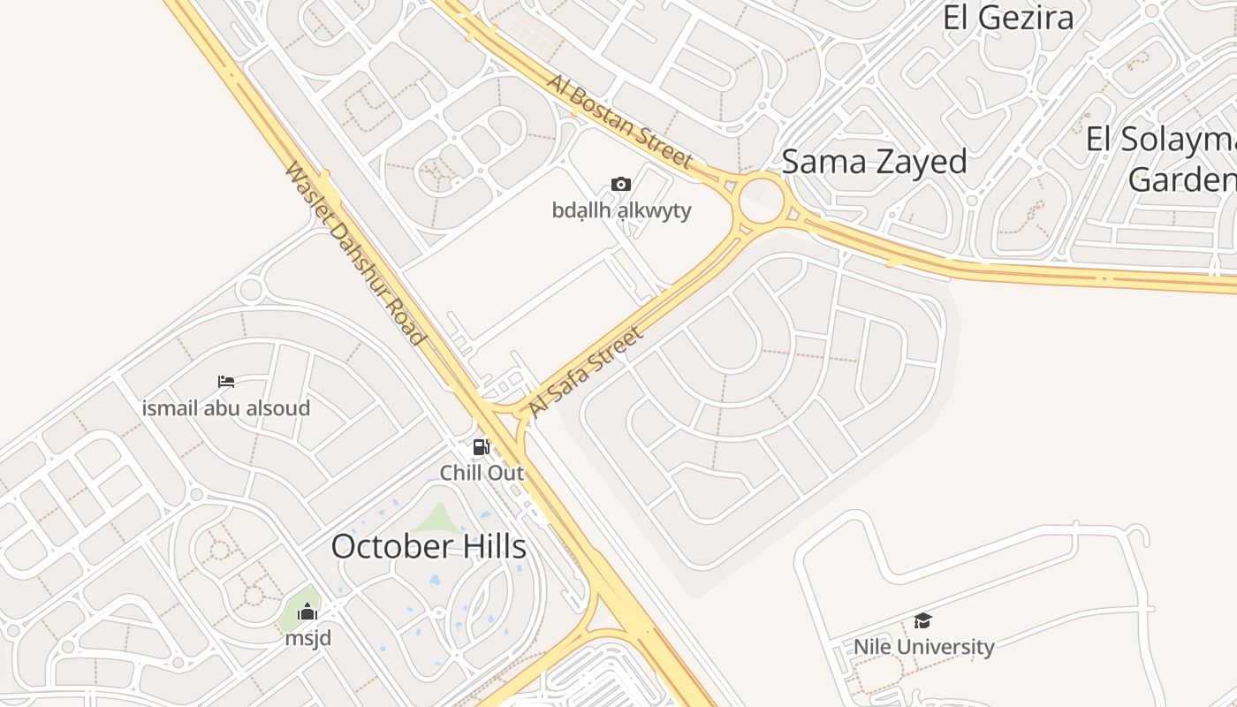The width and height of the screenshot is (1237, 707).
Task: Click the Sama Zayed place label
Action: pos(874,162)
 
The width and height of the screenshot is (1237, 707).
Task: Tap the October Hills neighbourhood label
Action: pos(429,546)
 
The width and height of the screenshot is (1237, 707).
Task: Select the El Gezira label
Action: pos(1008,18)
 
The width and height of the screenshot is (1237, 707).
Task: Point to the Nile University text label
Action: pos(923,647)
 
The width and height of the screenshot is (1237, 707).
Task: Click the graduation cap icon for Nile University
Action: pos(923,620)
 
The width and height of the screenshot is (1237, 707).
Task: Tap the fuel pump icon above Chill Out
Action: pos(481,447)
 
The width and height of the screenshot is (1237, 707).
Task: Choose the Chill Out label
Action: pos(482,473)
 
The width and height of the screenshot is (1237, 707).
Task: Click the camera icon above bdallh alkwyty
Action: pos(621,184)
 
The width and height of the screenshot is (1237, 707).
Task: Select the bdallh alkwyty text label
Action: pos(621,210)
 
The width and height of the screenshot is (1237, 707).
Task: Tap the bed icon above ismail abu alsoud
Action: pos(226,382)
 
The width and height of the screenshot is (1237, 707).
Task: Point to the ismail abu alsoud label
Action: pos(226,408)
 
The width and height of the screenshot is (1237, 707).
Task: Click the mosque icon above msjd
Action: pos(307,612)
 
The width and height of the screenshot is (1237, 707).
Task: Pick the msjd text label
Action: pos(307,637)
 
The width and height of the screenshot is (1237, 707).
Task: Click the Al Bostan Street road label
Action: pos(618,121)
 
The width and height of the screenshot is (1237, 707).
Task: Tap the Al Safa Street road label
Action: pos(585,372)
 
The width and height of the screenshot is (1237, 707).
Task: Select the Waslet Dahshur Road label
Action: pos(355,253)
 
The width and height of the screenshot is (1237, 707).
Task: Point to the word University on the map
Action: pos(951,647)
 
